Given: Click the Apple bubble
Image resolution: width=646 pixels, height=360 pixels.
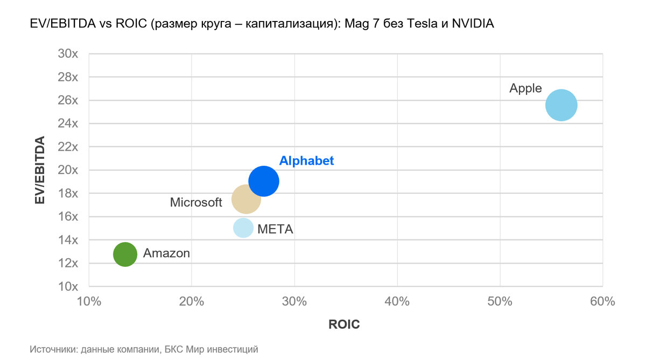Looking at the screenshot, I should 561,105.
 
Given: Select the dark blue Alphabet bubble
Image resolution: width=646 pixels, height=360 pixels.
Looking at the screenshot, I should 264,181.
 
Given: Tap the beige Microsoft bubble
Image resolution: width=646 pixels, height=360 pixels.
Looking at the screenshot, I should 246,199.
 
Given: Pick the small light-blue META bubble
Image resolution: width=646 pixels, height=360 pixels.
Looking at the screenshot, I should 243,228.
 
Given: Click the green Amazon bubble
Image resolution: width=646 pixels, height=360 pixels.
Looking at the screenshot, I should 125,254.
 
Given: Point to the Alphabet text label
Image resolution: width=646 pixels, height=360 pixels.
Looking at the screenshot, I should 306,161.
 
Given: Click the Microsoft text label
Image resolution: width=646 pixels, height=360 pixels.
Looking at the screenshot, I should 196,203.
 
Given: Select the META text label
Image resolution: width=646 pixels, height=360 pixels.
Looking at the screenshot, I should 275,229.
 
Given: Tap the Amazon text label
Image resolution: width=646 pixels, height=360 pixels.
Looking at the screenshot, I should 166,253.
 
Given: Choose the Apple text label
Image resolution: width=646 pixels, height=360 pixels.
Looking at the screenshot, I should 525,89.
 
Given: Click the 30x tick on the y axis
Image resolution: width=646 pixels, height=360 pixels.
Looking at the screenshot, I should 68,54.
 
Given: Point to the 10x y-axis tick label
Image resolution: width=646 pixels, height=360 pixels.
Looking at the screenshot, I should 68,286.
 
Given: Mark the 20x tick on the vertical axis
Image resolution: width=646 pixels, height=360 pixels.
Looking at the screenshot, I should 68,170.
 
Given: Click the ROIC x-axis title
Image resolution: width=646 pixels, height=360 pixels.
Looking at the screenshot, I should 344,325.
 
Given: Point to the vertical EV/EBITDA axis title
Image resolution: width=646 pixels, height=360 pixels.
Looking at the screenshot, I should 39,170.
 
